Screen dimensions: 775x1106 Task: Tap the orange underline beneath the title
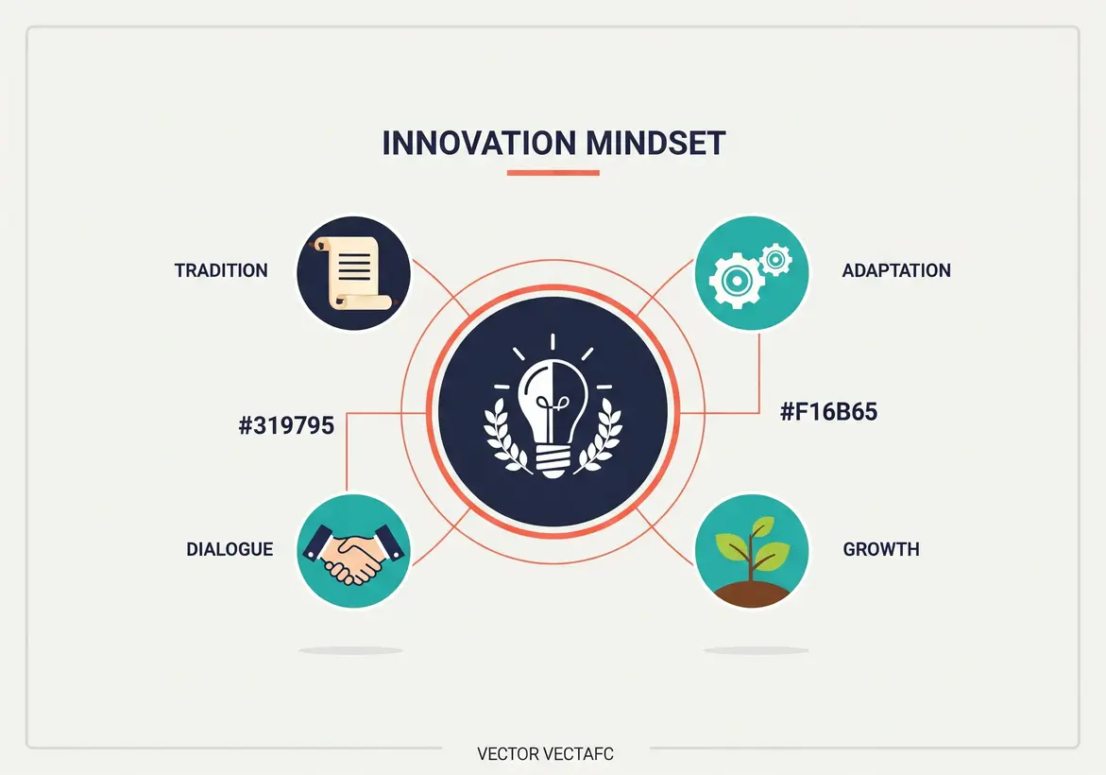(x=553, y=173)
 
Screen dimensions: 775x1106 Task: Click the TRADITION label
(x=221, y=270)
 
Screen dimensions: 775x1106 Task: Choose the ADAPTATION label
(x=895, y=270)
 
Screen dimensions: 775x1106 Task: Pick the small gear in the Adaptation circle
(x=775, y=258)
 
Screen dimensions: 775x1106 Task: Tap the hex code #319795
(x=286, y=425)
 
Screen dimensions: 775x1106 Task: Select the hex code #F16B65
(x=829, y=412)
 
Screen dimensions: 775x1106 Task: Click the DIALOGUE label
(x=230, y=549)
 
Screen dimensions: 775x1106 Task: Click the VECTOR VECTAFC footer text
(x=545, y=753)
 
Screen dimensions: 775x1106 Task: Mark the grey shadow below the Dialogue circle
(x=350, y=650)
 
